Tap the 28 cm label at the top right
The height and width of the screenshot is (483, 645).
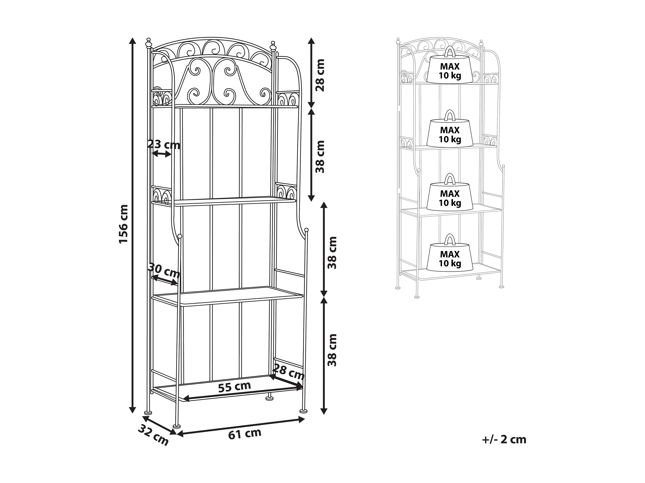tap(320, 75)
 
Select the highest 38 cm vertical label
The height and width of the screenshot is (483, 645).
tap(320, 157)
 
